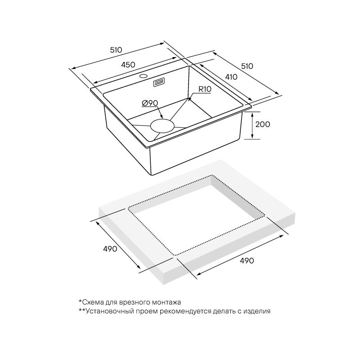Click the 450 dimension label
128,64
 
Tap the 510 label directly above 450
117,50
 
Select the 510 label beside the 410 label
247,66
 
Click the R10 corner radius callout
204,89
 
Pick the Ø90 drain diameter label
149,103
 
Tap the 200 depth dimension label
262,124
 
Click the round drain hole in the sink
162,125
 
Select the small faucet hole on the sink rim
144,77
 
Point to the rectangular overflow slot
159,82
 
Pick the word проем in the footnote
145,311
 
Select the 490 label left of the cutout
109,249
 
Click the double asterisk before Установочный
81,310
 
